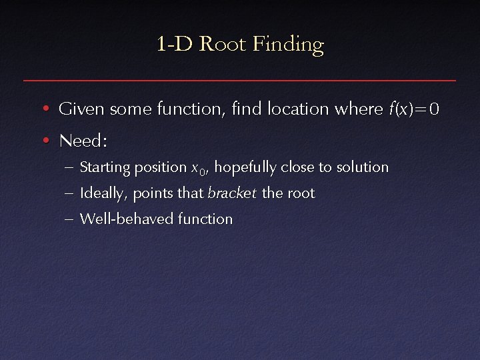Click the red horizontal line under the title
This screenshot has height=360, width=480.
[240, 80]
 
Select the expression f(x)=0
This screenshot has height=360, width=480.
[413, 109]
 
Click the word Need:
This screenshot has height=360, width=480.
[83, 141]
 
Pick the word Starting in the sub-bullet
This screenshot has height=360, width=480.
[104, 167]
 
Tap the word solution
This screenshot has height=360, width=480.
[362, 167]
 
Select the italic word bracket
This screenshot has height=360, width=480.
[232, 193]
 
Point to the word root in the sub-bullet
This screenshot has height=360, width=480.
[301, 194]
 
